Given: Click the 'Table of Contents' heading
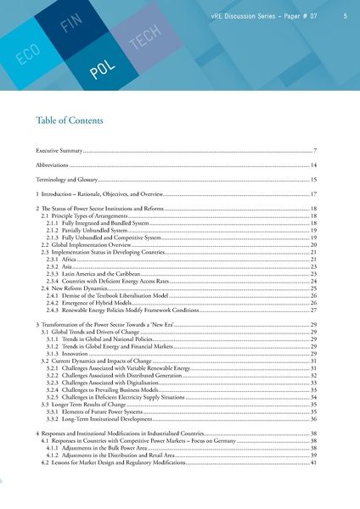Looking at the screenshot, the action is coord(72,120).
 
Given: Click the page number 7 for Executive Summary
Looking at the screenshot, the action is coord(314,150).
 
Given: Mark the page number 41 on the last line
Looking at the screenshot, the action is coord(312,463).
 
